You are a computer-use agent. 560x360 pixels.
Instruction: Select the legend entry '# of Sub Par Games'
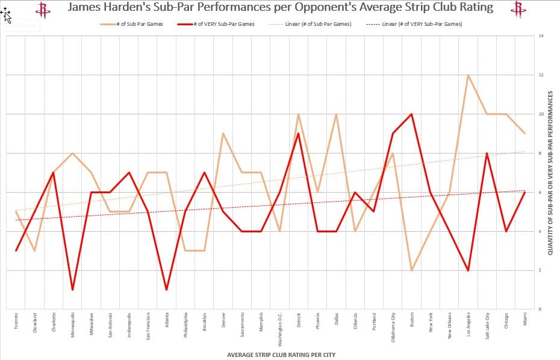tap(136, 24)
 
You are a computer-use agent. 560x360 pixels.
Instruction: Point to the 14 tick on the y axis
tap(541, 36)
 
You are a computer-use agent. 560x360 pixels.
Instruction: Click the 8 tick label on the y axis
tap(540, 153)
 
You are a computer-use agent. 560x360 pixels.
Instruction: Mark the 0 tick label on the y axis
tap(540, 309)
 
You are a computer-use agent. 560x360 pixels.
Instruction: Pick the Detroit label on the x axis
tap(299, 320)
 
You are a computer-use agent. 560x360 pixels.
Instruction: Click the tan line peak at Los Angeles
tap(468, 75)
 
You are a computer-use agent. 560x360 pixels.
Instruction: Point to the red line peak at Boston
tap(411, 114)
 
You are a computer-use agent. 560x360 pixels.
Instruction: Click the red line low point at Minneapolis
tap(72, 290)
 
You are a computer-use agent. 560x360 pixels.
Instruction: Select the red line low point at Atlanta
tap(166, 290)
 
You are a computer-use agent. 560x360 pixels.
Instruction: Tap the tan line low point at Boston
tap(411, 270)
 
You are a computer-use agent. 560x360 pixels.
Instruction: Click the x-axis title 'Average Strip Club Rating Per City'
tap(281, 355)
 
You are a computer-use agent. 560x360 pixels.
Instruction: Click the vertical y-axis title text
tap(550, 172)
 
